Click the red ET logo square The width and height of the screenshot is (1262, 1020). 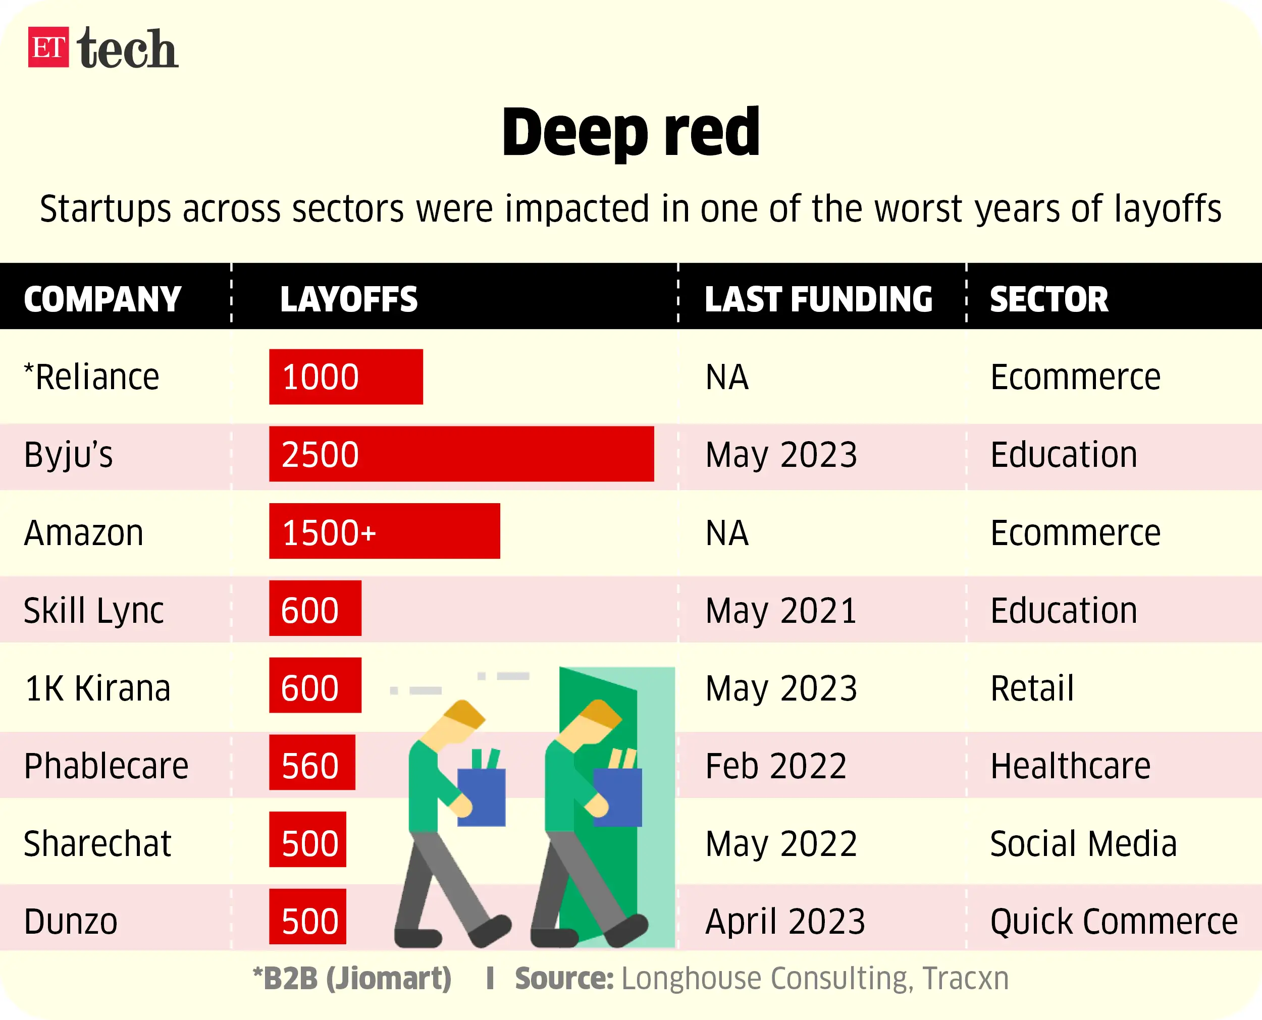[x=48, y=47]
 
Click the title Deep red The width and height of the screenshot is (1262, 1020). [x=631, y=132]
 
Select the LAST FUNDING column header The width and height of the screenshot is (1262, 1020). [x=818, y=299]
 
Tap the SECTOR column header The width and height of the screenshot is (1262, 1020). [x=1049, y=299]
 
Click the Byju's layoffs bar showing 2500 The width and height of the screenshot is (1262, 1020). [x=461, y=454]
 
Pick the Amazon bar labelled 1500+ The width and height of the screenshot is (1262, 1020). [x=384, y=531]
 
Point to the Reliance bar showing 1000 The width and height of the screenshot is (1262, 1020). [x=345, y=377]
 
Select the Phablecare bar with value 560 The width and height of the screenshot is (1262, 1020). [x=312, y=763]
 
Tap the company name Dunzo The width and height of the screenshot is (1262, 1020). [x=71, y=921]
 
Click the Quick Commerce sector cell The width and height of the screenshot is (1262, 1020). [x=1114, y=921]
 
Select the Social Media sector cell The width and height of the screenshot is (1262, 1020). [x=1083, y=844]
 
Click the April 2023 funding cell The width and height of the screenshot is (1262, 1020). [x=785, y=921]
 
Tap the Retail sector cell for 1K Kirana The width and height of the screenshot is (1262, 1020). [x=1032, y=688]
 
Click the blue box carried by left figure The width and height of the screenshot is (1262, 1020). [x=481, y=797]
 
